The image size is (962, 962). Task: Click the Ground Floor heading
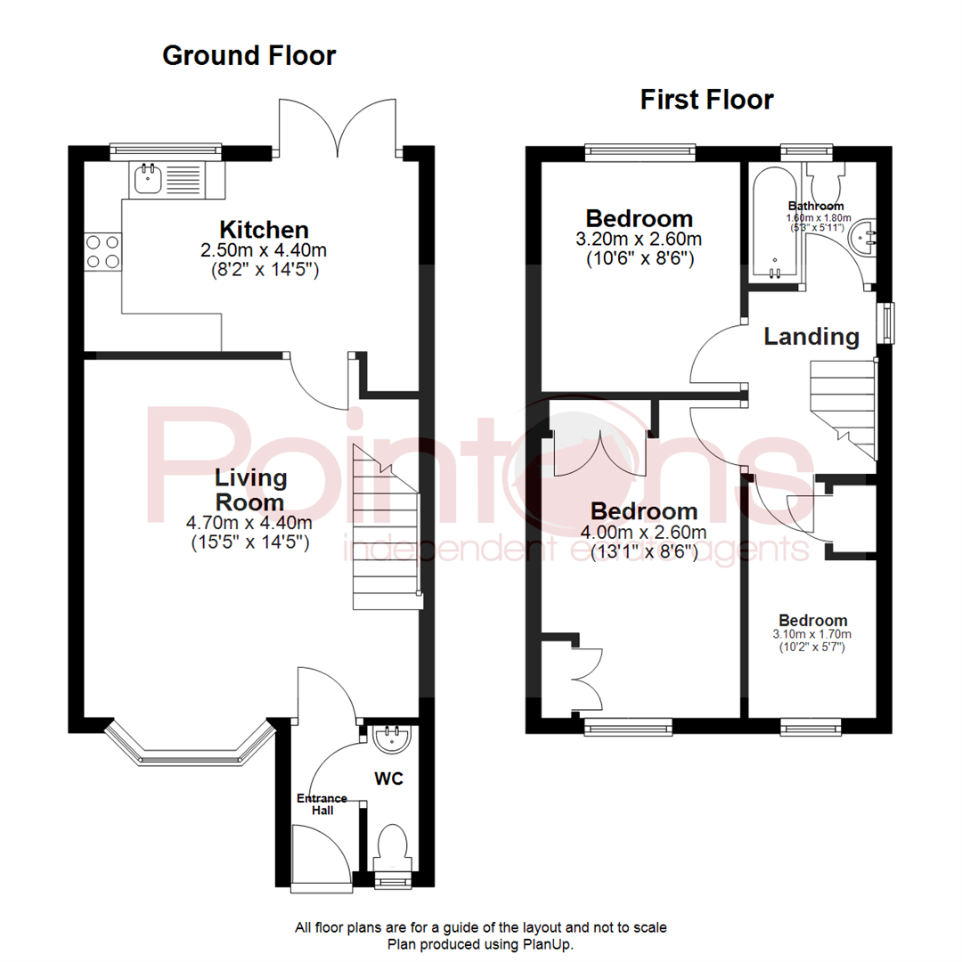(249, 56)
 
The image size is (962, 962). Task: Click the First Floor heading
(706, 100)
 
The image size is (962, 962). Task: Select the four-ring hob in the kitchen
(103, 252)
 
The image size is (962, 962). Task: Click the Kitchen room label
(264, 230)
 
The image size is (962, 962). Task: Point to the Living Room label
(250, 490)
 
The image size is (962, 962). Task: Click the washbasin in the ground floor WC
(392, 738)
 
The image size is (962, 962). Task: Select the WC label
(389, 779)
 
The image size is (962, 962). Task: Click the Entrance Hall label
(322, 804)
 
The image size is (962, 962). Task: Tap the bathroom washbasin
(862, 238)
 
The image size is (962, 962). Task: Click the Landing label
(811, 337)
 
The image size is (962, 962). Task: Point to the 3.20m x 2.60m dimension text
(639, 239)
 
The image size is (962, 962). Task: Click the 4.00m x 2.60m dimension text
(644, 532)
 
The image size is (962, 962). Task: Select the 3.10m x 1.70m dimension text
(811, 634)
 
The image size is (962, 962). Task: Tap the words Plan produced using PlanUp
(480, 945)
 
